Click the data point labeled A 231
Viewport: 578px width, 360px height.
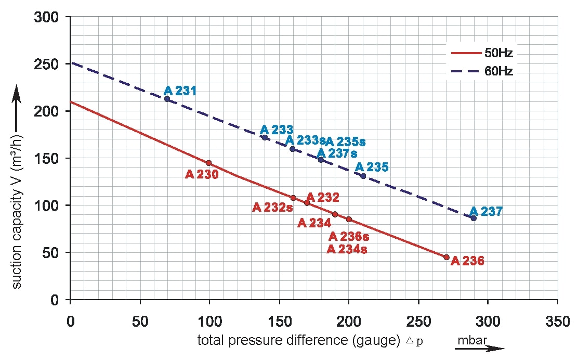(167, 99)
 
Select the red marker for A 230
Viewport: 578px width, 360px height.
(209, 163)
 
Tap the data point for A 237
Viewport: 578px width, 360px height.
(474, 218)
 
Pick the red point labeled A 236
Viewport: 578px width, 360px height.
(446, 257)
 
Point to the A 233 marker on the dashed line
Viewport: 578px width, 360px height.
(265, 137)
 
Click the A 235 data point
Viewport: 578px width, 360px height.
(363, 176)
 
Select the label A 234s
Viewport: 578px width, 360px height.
(347, 249)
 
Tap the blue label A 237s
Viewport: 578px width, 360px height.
(337, 153)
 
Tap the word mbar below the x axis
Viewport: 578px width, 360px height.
(471, 340)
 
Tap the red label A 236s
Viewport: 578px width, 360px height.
(349, 237)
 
